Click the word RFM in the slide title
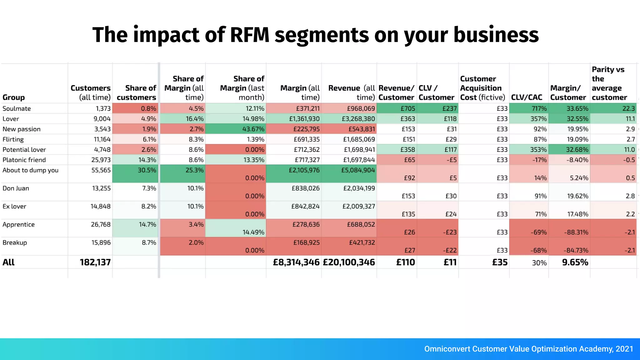tap(249, 35)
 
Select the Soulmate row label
tap(17, 108)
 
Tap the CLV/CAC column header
tap(527, 97)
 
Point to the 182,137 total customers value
tap(95, 262)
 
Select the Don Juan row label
tap(16, 188)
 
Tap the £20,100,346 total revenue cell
tap(349, 262)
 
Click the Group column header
tap(13, 97)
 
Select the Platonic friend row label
tap(24, 160)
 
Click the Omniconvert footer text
tap(528, 349)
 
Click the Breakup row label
tap(15, 243)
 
